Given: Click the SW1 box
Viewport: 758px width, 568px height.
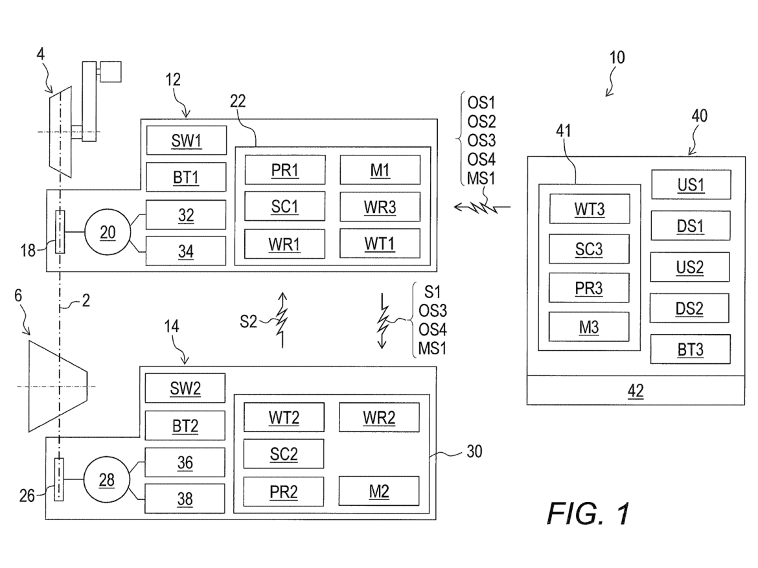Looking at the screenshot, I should (x=186, y=141).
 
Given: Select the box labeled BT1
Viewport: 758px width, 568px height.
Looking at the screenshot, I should (x=186, y=177).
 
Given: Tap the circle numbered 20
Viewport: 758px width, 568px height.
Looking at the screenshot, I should (x=108, y=231).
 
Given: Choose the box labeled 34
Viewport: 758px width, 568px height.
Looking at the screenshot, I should (x=186, y=250).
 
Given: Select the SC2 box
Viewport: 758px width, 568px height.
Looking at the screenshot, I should (x=283, y=453).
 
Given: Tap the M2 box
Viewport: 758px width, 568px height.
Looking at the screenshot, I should (x=379, y=490).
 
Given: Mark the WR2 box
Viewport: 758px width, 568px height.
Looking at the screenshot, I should (x=379, y=416).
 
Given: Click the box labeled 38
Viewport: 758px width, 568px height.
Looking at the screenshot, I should (x=185, y=499).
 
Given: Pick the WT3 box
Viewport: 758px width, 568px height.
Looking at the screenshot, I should (x=589, y=210).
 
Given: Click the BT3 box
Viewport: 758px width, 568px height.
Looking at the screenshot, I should (x=691, y=350).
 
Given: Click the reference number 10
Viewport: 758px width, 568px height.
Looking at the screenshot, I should (x=617, y=58).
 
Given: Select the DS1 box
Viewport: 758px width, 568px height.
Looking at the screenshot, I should (x=691, y=227).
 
